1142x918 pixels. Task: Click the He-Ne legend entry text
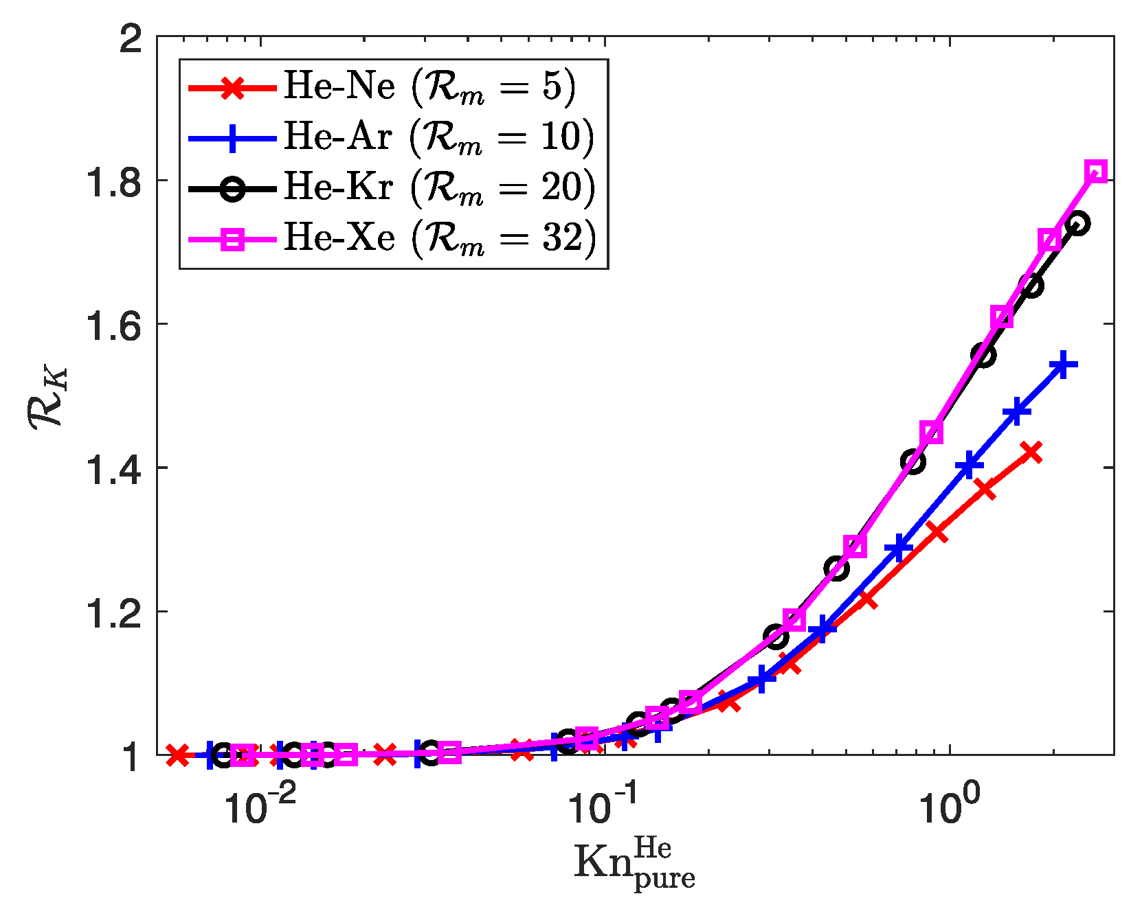[429, 87]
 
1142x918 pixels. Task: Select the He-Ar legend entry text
[438, 137]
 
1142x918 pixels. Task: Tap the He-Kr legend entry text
[438, 187]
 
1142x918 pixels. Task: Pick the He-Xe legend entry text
[438, 238]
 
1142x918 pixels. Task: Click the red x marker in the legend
[233, 88]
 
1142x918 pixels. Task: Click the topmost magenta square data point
[1097, 172]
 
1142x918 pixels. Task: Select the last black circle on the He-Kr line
[1077, 223]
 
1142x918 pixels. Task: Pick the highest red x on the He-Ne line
[1031, 452]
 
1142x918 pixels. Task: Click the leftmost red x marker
[177, 755]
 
